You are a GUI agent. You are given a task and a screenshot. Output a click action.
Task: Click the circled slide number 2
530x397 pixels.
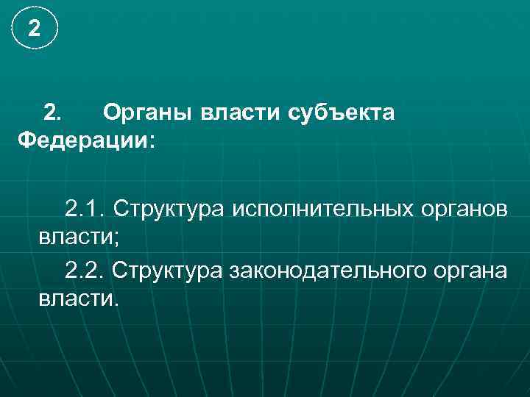click(x=32, y=29)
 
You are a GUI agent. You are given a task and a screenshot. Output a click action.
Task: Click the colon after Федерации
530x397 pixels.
click(x=152, y=141)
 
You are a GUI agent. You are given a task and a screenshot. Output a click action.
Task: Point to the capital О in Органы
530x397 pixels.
click(x=111, y=113)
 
